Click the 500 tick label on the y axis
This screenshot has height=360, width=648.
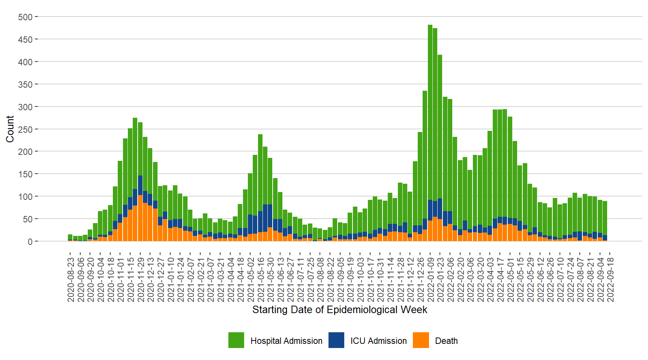(x=25, y=17)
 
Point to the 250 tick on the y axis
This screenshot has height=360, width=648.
(x=25, y=129)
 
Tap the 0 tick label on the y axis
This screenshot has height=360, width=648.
(x=30, y=241)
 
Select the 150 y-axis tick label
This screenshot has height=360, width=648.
(x=25, y=174)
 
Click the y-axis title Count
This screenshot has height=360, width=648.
(x=10, y=129)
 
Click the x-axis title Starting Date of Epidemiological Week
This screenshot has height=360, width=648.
(x=340, y=310)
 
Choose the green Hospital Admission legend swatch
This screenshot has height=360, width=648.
(x=236, y=340)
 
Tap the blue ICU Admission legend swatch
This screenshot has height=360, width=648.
(x=336, y=340)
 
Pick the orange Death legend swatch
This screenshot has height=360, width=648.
(x=421, y=340)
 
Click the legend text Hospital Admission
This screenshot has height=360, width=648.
(x=286, y=341)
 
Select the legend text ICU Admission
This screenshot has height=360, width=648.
(x=378, y=341)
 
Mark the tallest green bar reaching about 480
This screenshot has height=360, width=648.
(x=430, y=112)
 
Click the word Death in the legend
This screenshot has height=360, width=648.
(x=446, y=341)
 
